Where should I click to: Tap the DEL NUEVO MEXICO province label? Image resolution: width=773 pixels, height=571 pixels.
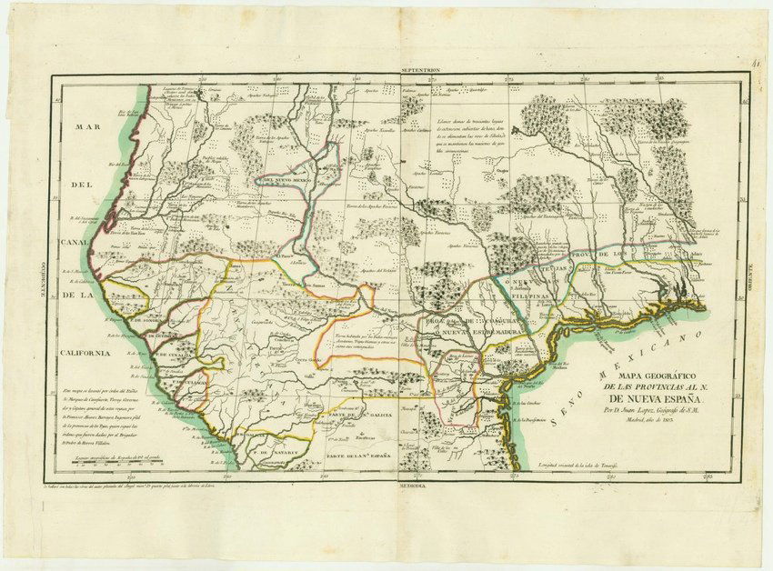coord(291,180)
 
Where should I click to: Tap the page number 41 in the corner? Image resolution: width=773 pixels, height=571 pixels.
coord(756,65)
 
